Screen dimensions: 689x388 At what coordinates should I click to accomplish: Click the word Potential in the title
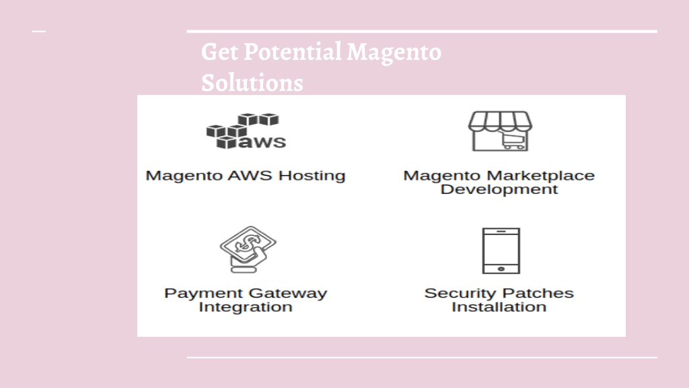(x=293, y=52)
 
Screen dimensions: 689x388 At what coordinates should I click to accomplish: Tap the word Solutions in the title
(x=252, y=83)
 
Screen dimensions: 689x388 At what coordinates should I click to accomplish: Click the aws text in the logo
(x=262, y=142)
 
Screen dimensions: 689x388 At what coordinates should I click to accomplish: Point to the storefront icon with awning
(x=500, y=131)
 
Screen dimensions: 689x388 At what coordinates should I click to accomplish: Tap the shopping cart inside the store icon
(x=513, y=141)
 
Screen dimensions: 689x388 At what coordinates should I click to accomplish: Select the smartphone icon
(x=501, y=251)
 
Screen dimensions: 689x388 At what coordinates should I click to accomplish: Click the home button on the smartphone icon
(x=501, y=269)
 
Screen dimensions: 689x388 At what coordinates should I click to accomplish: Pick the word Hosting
(x=312, y=176)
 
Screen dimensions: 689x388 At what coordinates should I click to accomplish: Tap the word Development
(x=499, y=189)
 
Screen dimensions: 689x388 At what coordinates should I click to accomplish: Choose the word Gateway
(x=287, y=294)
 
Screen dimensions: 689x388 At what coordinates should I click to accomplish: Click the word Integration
(x=246, y=306)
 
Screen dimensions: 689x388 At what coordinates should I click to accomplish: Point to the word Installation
(x=499, y=306)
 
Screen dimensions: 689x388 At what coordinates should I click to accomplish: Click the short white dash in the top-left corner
(x=39, y=31)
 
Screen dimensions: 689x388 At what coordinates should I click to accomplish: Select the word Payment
(x=203, y=294)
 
